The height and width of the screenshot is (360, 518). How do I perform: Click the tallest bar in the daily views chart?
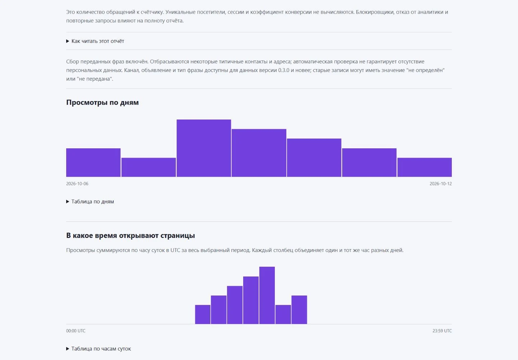coord(204,148)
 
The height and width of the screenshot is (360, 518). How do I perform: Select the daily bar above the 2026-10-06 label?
coord(93,162)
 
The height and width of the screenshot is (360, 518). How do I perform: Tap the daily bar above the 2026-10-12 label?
coord(424,167)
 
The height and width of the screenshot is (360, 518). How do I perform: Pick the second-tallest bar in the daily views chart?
coord(259,153)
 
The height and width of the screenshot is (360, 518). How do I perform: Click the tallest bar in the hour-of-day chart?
coord(267,295)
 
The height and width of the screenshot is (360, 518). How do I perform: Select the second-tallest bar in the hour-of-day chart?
coord(251,300)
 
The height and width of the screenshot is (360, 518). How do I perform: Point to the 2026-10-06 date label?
coord(77,184)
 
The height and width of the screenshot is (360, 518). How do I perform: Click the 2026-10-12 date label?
coord(441,184)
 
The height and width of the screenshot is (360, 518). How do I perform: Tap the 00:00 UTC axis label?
coord(76,331)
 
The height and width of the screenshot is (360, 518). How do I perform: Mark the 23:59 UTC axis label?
coord(442,331)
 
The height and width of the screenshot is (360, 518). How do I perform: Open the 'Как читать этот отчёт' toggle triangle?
coord(68,41)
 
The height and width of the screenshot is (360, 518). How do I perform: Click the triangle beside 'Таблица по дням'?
coord(68,202)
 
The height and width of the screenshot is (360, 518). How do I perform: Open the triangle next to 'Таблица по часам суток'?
coord(68,349)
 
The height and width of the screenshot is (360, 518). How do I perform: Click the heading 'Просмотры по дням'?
coord(103,103)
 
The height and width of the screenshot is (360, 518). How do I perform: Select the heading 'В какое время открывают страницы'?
coord(131,235)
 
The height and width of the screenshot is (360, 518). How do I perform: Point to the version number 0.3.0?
coord(284,70)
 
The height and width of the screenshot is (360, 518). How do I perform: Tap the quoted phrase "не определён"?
coord(426,70)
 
